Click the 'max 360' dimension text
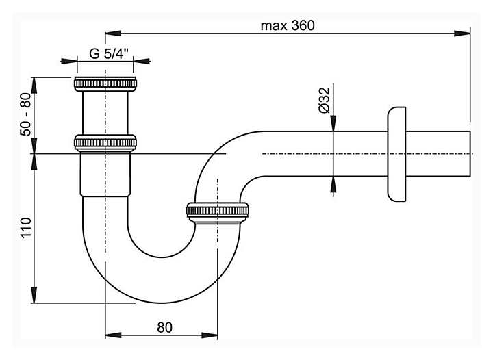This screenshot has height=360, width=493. (287, 25)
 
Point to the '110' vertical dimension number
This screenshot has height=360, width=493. (27, 227)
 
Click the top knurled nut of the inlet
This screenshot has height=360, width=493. (105, 85)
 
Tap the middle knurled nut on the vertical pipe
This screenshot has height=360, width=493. (105, 142)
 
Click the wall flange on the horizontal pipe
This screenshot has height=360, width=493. (396, 154)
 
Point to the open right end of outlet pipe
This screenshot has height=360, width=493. (471, 154)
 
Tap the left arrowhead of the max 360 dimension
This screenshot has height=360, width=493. (110, 31)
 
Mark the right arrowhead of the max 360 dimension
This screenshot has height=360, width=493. (466, 31)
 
